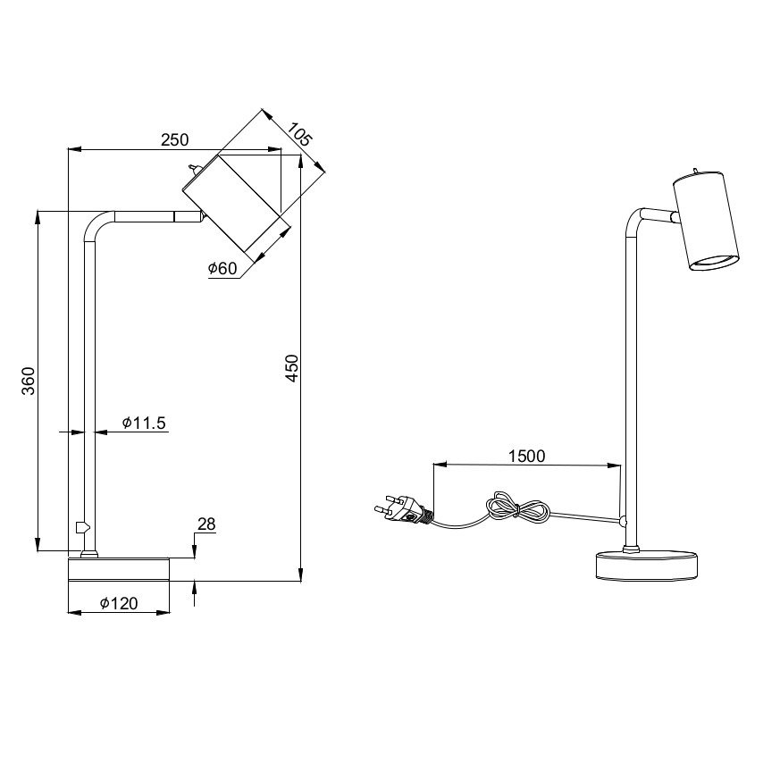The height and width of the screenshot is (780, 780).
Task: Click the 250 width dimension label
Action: [x=174, y=139]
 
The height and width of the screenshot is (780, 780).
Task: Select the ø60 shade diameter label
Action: [x=222, y=269]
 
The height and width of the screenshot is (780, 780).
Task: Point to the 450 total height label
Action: [x=292, y=368]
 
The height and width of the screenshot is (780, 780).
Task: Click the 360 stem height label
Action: [x=29, y=381]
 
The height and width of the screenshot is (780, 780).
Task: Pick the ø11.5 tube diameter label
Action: [x=144, y=424]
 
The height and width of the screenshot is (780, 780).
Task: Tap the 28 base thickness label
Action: [x=206, y=524]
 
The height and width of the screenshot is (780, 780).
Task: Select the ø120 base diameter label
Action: [x=119, y=603]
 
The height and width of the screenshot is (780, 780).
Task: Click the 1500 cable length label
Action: [x=527, y=457]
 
